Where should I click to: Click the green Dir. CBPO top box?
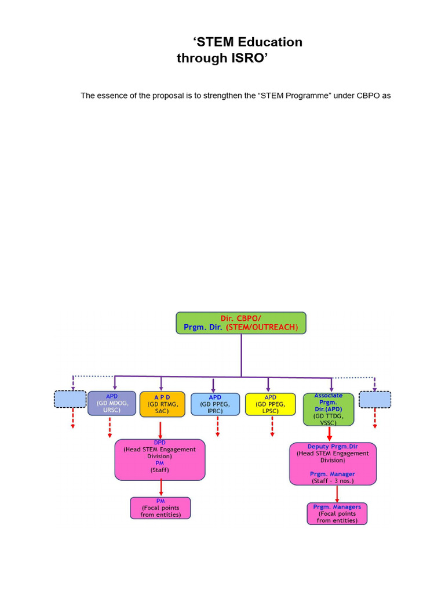tap(241, 323)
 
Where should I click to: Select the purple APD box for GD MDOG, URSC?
tap(112, 403)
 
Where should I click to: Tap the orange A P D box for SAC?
tap(162, 403)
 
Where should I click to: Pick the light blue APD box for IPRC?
tap(215, 404)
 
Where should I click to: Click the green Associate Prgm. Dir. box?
tap(328, 408)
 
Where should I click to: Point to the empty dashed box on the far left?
tap(70, 399)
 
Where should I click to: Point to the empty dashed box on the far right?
tap(375, 399)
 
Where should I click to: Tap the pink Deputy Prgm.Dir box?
tap(333, 463)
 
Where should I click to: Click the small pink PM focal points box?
tap(160, 508)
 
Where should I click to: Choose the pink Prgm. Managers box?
tap(337, 513)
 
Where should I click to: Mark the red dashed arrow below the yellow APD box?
tap(272, 426)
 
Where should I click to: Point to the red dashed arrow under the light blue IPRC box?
tap(217, 426)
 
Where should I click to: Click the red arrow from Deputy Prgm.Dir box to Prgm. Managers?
tap(337, 493)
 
